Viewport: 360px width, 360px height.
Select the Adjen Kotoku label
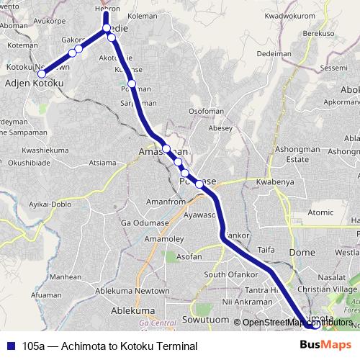point(35,84)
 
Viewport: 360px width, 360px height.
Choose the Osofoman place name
point(208,112)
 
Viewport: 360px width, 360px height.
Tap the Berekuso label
point(319,34)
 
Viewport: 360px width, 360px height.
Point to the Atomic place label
point(320,212)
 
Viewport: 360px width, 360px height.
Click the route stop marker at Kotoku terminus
point(42,74)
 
